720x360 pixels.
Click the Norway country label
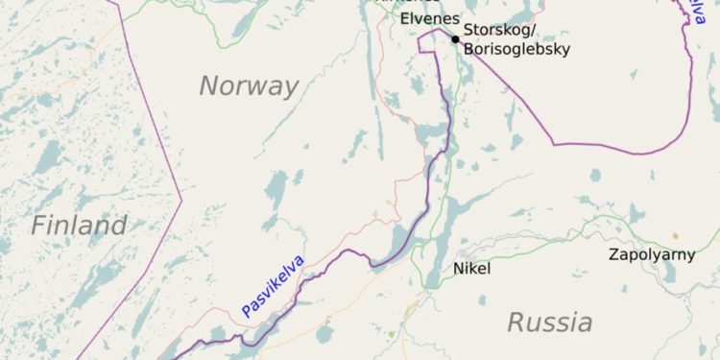pyautogui.click(x=249, y=85)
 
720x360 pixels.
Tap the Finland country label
pyautogui.click(x=79, y=227)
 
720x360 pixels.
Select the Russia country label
pyautogui.click(x=549, y=323)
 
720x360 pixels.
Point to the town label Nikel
pyautogui.click(x=471, y=269)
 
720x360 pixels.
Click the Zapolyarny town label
pyautogui.click(x=653, y=254)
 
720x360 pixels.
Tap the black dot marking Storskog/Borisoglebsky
pyautogui.click(x=455, y=39)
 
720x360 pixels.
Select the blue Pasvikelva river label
pyautogui.click(x=273, y=286)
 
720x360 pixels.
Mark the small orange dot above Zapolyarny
pyautogui.click(x=675, y=235)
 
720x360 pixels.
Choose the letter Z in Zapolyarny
pyautogui.click(x=613, y=254)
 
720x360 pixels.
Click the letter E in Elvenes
pyautogui.click(x=404, y=18)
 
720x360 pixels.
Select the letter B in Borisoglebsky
pyautogui.click(x=468, y=49)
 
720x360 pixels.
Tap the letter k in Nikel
pyautogui.click(x=472, y=269)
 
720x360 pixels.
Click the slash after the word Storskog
pyautogui.click(x=529, y=31)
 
